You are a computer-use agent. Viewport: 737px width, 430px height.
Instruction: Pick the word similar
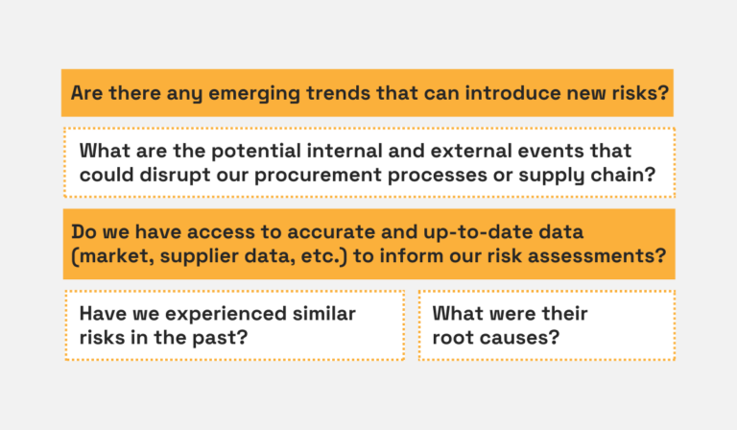pyautogui.click(x=318, y=314)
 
